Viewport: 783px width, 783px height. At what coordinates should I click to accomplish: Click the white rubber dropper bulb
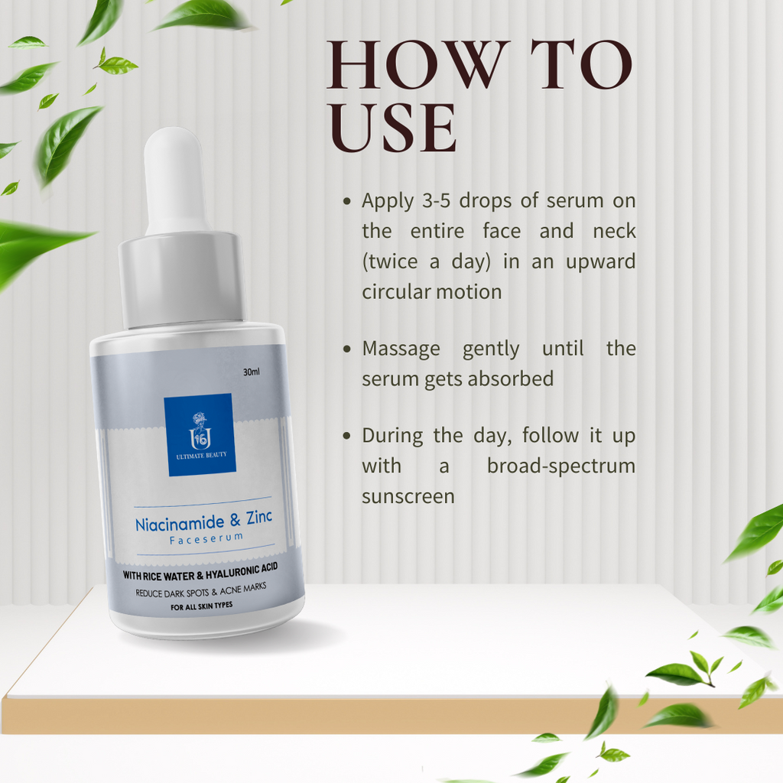174,180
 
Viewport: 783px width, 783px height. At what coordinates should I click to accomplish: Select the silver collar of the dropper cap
180,279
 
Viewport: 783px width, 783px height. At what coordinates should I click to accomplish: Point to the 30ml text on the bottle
252,372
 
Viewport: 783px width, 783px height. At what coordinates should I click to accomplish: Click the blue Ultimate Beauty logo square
200,434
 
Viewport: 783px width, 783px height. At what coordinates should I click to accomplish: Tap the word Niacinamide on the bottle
180,524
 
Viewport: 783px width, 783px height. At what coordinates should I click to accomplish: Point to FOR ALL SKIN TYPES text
191,606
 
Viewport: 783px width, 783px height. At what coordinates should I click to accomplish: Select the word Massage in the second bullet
401,349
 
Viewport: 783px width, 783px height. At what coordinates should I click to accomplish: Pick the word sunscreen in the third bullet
408,496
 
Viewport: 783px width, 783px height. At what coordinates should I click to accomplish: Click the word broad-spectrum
561,466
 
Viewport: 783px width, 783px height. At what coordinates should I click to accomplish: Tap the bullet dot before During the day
347,436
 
